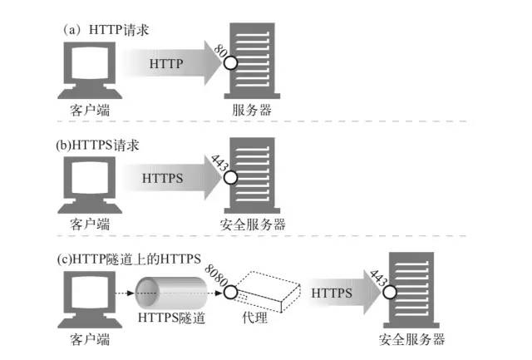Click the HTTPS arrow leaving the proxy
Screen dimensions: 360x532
pyautogui.click(x=332, y=293)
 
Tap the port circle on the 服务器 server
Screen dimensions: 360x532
pyautogui.click(x=230, y=63)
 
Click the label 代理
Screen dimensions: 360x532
pyautogui.click(x=257, y=318)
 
